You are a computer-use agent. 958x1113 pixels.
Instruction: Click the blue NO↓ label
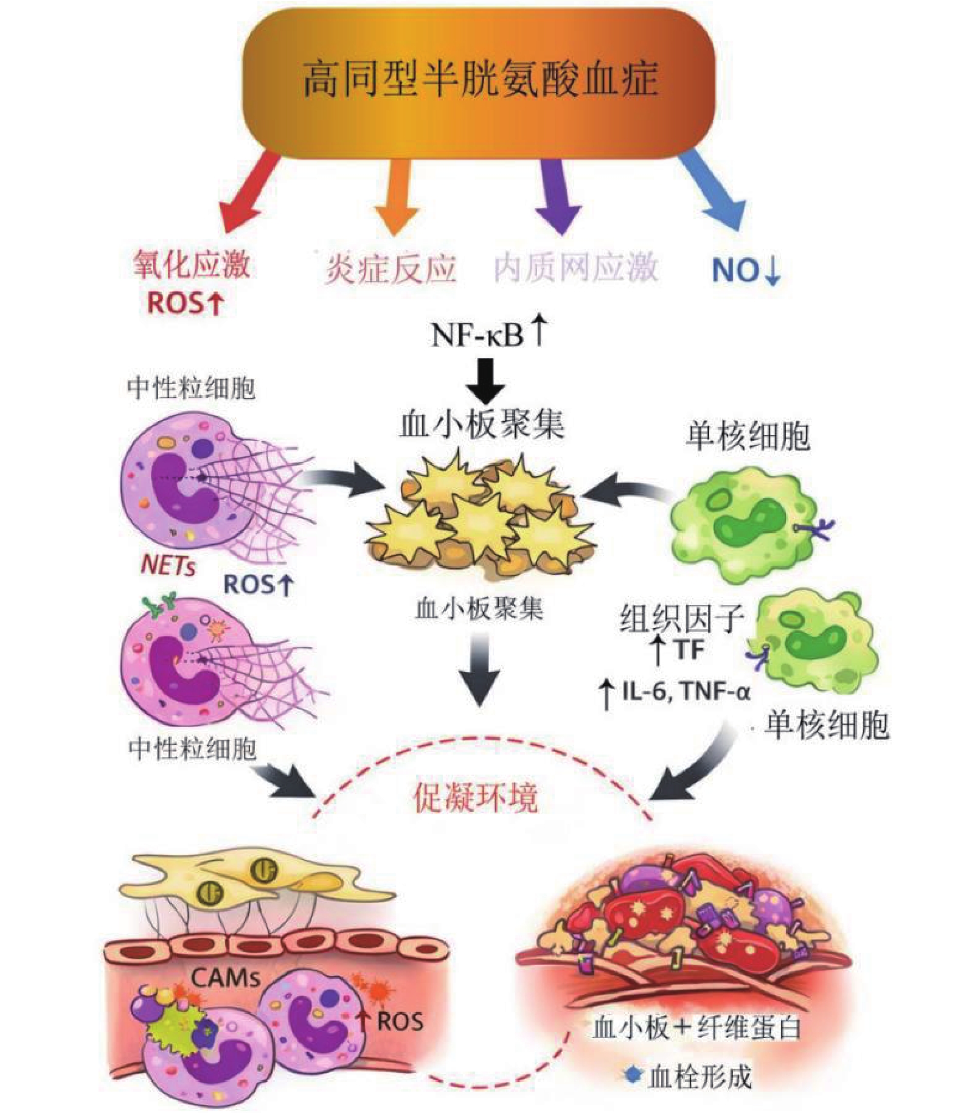click(746, 270)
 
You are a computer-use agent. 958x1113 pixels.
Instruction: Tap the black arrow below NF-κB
click(485, 380)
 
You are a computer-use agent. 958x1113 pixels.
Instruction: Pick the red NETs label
click(168, 565)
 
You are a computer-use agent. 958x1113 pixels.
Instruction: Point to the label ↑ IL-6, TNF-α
click(674, 693)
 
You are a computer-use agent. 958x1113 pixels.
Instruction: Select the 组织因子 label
click(682, 619)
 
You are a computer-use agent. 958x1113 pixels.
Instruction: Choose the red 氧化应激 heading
click(192, 265)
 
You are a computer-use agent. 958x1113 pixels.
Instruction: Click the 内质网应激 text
click(575, 268)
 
